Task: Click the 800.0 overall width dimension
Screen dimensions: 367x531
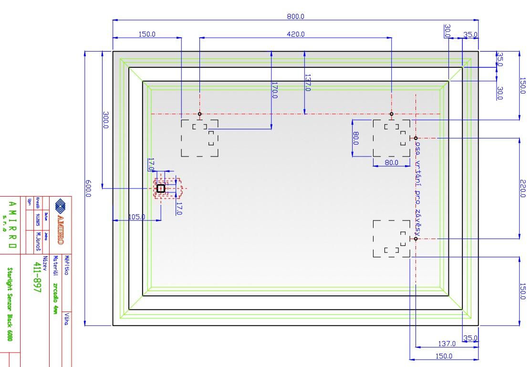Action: coord(295,17)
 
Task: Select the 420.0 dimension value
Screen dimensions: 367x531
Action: coord(295,34)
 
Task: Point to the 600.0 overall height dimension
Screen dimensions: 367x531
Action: coord(88,189)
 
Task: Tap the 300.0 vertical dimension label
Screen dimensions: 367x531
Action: coord(105,121)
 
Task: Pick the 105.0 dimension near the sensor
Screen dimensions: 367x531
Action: coord(136,217)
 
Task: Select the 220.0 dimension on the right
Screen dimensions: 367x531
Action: coord(522,188)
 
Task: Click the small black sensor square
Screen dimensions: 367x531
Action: coord(161,189)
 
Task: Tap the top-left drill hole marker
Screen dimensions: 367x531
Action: coord(200,114)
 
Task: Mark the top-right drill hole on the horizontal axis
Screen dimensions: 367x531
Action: coord(392,114)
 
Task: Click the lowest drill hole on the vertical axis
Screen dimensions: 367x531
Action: coord(416,239)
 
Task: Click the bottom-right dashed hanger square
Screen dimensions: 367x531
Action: coord(391,239)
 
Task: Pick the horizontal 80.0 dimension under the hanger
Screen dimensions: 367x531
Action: coord(392,163)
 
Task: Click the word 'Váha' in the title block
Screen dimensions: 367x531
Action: coord(67,319)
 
